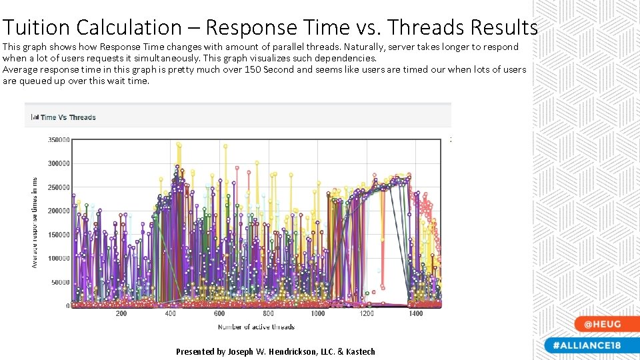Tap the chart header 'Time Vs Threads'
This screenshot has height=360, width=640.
coord(67,117)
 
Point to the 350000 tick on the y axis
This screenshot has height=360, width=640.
coord(58,140)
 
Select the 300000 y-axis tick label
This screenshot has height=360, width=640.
coord(58,163)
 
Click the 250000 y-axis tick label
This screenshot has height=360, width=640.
coord(58,187)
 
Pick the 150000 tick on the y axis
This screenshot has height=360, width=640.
coord(58,235)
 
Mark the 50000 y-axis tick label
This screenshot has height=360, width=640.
coord(60,282)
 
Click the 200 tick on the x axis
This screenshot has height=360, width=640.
coord(121,313)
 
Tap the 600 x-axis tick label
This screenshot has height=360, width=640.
coord(219,313)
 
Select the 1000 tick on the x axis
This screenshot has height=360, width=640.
coord(318,313)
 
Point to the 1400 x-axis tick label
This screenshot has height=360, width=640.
coord(415,313)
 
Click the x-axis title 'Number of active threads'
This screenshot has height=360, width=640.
coord(256,327)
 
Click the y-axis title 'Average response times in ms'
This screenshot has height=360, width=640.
coord(35,223)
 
